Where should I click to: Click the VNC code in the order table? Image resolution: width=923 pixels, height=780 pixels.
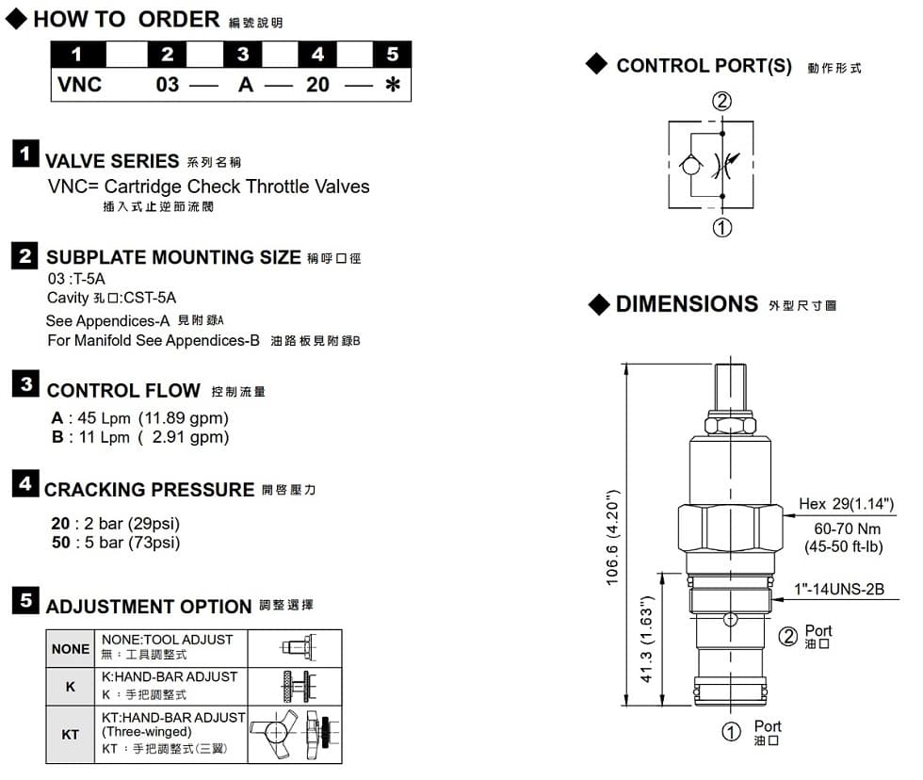(x=79, y=85)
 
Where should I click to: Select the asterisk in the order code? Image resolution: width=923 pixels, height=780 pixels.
(x=393, y=85)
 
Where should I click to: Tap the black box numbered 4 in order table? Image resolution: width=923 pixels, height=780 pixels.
(x=316, y=55)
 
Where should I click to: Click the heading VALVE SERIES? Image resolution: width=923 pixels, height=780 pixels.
(x=112, y=161)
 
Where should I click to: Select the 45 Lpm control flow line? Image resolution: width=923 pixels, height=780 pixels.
(x=139, y=417)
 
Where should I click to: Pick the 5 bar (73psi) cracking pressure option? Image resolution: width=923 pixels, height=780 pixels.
(x=115, y=543)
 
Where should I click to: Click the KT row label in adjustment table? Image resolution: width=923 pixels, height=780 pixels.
(x=71, y=734)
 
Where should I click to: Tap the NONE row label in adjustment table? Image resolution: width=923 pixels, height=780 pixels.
(x=71, y=649)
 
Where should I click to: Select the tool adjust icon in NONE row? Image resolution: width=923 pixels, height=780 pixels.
(x=298, y=648)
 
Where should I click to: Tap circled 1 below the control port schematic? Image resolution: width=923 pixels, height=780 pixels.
(x=721, y=227)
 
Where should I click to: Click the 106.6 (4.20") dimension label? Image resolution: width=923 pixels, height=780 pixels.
(x=611, y=537)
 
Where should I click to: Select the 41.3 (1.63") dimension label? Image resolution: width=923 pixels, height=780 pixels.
(x=647, y=639)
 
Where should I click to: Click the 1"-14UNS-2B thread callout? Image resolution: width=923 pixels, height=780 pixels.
(x=839, y=590)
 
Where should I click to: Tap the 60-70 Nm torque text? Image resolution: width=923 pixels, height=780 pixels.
(x=841, y=528)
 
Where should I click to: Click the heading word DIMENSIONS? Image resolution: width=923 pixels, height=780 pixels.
(x=687, y=304)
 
